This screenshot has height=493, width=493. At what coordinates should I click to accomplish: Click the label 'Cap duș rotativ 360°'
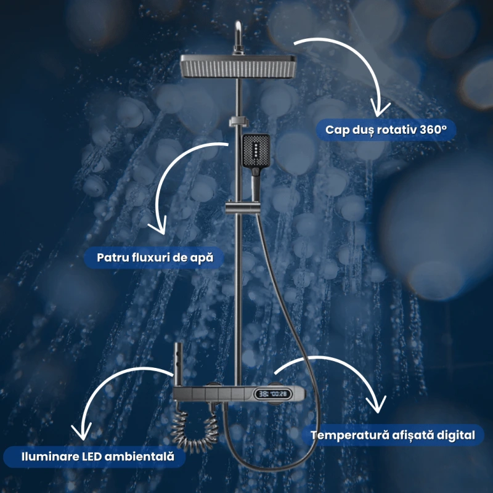[x=386, y=129]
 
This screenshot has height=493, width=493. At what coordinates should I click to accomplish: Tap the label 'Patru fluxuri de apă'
[x=155, y=258]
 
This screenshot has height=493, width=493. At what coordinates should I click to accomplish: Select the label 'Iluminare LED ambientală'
[x=97, y=457]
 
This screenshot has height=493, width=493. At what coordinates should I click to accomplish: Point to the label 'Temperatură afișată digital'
[x=393, y=435]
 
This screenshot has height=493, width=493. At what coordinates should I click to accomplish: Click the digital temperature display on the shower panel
[x=273, y=394]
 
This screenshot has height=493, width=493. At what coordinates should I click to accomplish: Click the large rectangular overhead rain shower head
[x=238, y=67]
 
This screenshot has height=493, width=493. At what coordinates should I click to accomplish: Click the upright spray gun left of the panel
[x=178, y=365]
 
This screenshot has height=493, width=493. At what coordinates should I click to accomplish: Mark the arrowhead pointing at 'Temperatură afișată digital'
[x=377, y=404]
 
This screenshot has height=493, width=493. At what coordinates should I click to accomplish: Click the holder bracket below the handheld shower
[x=243, y=208]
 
